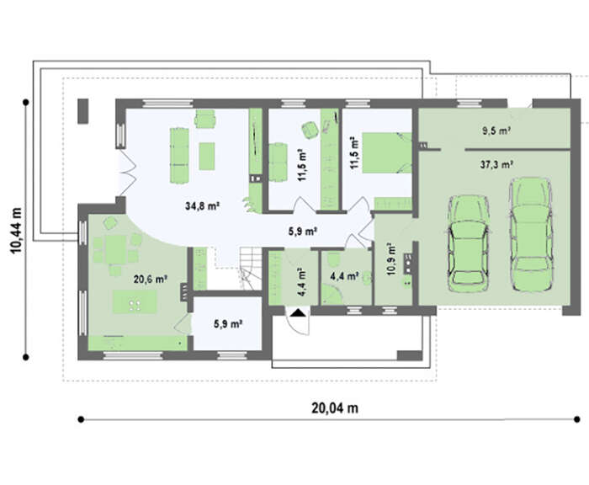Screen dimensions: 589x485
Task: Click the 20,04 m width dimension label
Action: click(x=335, y=408)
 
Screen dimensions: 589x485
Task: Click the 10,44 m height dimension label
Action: click(x=16, y=230)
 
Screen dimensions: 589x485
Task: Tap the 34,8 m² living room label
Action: click(x=202, y=206)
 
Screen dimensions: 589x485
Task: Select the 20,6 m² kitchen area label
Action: click(x=151, y=280)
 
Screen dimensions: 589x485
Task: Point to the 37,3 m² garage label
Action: click(x=496, y=165)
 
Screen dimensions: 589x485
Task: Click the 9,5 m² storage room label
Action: click(x=496, y=131)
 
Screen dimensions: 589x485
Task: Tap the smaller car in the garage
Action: click(x=468, y=243)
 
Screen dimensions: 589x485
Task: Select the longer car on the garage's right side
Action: click(x=531, y=235)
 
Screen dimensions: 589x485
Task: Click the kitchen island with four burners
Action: click(x=135, y=301)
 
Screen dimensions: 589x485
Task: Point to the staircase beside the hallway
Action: click(x=250, y=268)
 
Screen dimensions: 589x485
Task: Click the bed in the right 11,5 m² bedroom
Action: click(x=386, y=152)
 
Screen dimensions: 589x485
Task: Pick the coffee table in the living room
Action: click(x=207, y=156)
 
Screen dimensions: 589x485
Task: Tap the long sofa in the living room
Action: click(x=179, y=156)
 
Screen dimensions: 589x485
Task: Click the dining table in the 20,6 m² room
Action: click(x=116, y=250)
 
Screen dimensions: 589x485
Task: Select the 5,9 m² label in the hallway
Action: click(x=302, y=232)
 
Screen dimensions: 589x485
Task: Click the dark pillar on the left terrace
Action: click(x=83, y=111)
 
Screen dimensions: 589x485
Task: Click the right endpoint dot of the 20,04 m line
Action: click(x=577, y=419)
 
